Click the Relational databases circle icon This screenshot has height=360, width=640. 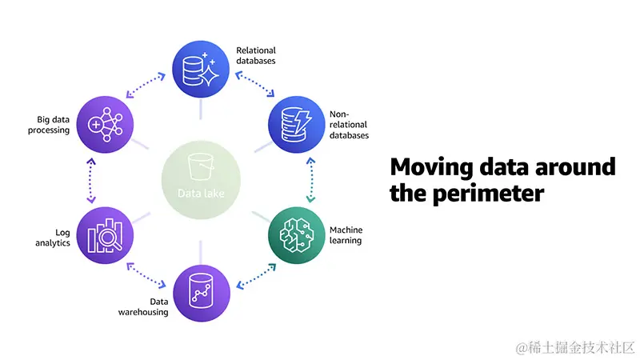pos(201,70)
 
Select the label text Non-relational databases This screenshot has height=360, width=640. pos(349,125)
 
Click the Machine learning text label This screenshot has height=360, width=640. pos(346,235)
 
